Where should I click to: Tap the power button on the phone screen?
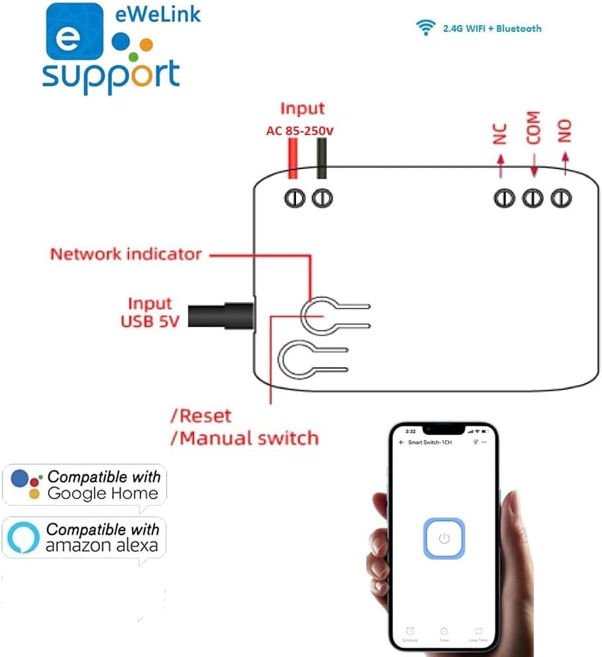(x=444, y=538)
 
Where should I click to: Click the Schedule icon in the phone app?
(x=410, y=632)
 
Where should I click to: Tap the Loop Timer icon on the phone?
(x=478, y=632)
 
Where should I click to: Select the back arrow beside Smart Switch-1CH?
(x=401, y=441)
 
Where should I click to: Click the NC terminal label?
(x=500, y=134)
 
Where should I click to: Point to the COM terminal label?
(x=533, y=128)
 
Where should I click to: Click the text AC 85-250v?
(x=299, y=131)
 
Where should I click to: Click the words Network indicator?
(x=126, y=254)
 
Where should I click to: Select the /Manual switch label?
(x=244, y=438)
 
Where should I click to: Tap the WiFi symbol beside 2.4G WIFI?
(x=425, y=28)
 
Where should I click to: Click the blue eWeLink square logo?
(x=74, y=31)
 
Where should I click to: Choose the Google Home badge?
(x=85, y=485)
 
